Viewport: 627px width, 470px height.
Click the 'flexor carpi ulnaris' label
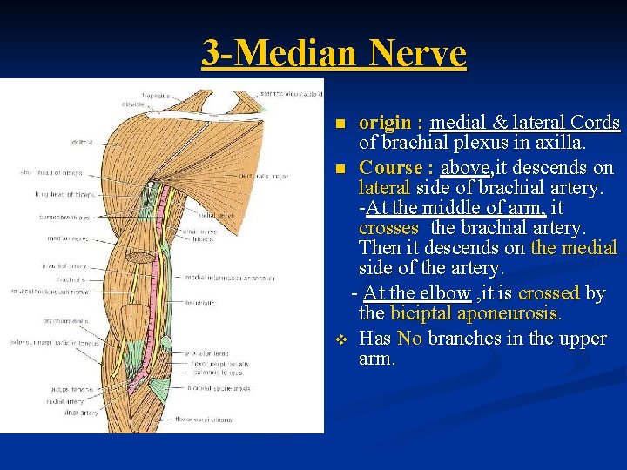(x=203, y=419)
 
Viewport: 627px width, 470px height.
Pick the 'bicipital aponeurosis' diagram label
(x=224, y=388)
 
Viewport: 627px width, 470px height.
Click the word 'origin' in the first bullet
(x=385, y=123)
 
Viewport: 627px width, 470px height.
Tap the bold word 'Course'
(x=390, y=167)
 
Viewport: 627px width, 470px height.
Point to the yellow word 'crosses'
(x=388, y=229)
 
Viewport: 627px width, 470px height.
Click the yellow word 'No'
(x=409, y=338)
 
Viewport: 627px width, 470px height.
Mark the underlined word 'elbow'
(x=446, y=292)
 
